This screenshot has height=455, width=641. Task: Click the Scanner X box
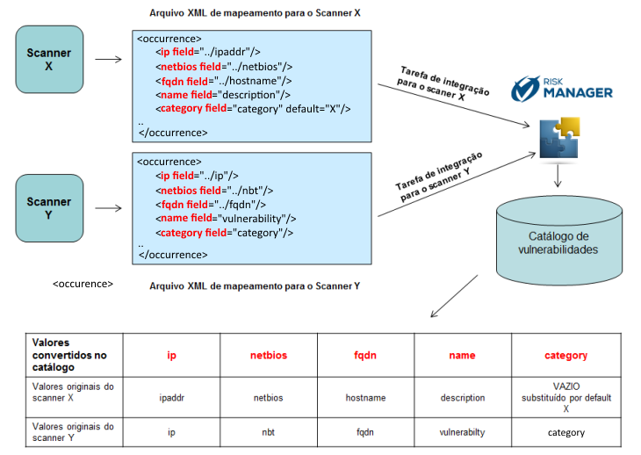point(49,60)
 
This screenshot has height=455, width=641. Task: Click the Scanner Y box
point(49,208)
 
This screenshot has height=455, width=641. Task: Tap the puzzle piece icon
point(559,138)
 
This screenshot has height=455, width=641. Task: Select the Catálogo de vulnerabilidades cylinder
point(558,241)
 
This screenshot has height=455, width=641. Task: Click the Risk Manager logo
point(562,89)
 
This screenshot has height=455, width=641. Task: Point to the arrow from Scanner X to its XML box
point(108,59)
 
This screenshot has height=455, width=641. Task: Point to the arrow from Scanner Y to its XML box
point(108,208)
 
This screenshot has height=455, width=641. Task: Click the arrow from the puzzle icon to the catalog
point(558,176)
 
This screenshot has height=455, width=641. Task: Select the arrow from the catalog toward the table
point(454,296)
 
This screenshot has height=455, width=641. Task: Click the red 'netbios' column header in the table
point(269,355)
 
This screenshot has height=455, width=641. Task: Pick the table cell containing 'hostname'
point(365,397)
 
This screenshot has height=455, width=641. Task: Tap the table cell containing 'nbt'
point(268,432)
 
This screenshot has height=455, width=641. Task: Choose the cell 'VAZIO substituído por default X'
point(566,397)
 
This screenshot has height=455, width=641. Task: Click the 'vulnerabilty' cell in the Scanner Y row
point(463,432)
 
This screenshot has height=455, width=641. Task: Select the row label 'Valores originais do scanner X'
point(73,392)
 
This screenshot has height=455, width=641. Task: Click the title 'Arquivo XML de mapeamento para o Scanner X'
point(255,13)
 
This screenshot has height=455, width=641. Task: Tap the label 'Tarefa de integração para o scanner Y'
point(439,177)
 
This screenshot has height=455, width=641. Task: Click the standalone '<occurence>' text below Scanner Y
point(83,284)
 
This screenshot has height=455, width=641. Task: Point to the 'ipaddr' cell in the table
point(172,397)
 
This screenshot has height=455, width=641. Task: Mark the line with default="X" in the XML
point(253,109)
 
